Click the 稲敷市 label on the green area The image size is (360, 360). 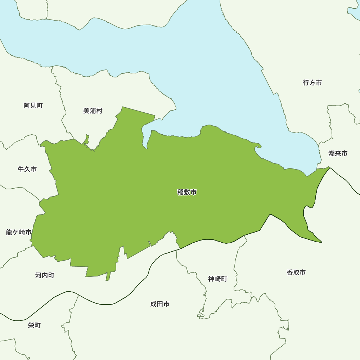[187, 192]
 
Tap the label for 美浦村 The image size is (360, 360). [93, 111]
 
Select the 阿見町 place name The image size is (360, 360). [33, 105]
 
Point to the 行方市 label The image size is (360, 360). [312, 83]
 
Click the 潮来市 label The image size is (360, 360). [338, 153]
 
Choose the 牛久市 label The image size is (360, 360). [27, 169]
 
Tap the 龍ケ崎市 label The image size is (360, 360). [19, 232]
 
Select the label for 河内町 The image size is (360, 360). [45, 275]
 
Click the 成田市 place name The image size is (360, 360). [160, 304]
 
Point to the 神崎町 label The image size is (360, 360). [218, 279]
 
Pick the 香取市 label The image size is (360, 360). [296, 273]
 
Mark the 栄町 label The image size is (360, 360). [34, 325]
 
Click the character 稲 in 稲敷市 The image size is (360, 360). [180, 192]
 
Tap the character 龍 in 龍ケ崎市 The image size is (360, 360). [9, 232]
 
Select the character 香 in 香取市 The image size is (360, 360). [290, 273]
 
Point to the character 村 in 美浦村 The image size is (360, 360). [99, 111]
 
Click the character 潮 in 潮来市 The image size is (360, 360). [332, 153]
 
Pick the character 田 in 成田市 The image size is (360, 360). [160, 304]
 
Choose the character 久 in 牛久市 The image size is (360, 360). [27, 169]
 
